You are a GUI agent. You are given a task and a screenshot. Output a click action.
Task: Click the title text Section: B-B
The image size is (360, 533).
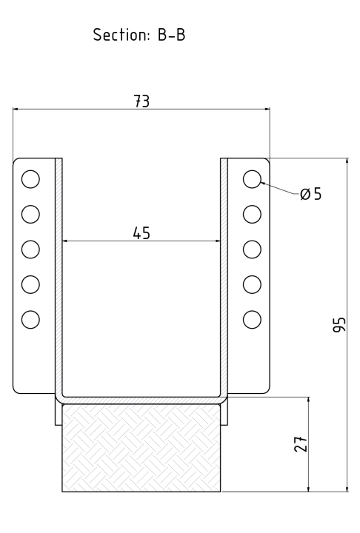(139, 36)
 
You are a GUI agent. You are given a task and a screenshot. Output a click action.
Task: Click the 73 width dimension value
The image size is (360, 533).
(141, 102)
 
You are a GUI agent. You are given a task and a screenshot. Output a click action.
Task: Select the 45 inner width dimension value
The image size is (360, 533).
(141, 233)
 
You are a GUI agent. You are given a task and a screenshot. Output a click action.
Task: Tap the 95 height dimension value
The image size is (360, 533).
(339, 324)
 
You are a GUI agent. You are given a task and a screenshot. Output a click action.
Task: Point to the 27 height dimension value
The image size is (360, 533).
(301, 443)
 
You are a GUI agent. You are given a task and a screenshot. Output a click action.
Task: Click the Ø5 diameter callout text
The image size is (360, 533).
(311, 195)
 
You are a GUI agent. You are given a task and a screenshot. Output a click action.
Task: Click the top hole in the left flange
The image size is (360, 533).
(30, 178)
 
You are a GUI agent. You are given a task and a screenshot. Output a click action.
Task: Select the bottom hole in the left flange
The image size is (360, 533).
(30, 319)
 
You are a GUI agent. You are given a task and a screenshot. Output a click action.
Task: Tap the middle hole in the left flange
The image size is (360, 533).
(30, 249)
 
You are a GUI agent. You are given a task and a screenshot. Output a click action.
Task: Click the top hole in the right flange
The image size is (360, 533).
(252, 178)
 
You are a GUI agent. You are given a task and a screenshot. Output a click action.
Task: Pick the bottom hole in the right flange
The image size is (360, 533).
(252, 319)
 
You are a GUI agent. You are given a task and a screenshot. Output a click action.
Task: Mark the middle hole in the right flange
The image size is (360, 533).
(252, 249)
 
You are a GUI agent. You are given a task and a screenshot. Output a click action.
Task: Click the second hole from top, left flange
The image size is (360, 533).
(30, 214)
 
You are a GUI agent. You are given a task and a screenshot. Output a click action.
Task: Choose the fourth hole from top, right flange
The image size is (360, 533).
(252, 284)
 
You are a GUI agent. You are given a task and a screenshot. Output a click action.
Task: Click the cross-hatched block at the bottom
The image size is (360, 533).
(141, 448)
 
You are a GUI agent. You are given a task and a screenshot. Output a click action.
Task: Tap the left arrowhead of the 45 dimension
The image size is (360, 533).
(64, 241)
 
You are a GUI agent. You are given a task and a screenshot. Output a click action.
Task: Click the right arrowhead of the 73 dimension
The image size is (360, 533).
(268, 110)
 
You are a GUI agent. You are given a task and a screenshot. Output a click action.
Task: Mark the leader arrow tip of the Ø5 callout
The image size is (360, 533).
(261, 182)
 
